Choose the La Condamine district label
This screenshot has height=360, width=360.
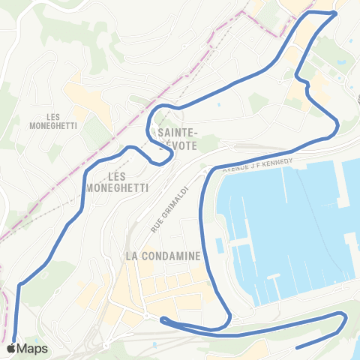(x=163, y=256)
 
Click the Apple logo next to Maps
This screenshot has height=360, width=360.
(x=10, y=349)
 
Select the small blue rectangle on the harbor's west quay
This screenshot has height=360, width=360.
(x=220, y=246)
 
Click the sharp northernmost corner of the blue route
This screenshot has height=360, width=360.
(x=335, y=12)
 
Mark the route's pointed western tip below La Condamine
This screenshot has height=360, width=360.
(x=162, y=320)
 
